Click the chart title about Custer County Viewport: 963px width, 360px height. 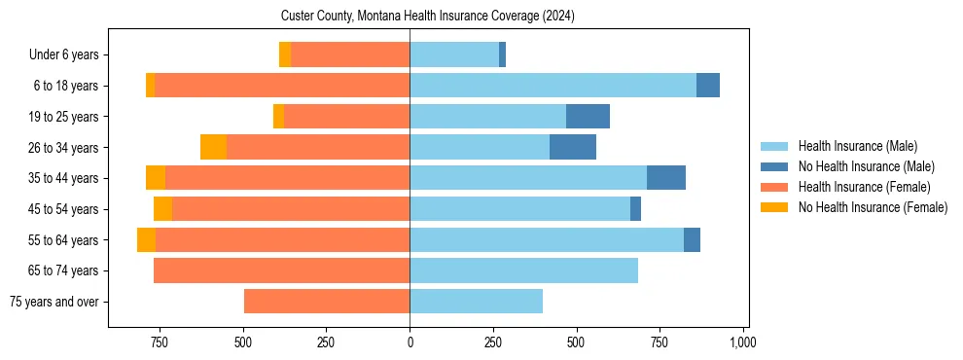point(429,17)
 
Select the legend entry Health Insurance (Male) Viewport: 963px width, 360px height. point(857,146)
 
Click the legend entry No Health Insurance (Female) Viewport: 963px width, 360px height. point(873,207)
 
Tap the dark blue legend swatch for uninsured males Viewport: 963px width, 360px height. point(775,166)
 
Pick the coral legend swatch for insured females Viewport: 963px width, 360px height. point(775,187)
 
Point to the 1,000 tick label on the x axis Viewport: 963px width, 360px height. point(743,343)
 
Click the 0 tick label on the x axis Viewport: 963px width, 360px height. point(410,343)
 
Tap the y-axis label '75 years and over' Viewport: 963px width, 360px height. point(53,302)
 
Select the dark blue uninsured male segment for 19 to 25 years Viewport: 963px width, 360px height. point(588,117)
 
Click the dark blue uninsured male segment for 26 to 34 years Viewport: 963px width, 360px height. point(573,147)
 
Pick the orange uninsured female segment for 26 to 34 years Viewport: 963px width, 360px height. point(213,147)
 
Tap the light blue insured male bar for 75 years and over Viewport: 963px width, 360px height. point(476,302)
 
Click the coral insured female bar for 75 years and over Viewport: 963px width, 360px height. point(327,302)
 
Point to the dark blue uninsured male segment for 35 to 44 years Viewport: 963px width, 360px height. point(666,178)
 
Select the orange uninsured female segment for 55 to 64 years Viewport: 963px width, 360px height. point(146,239)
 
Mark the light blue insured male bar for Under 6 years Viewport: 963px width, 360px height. point(454,54)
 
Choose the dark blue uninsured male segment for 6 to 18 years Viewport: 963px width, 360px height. point(708,86)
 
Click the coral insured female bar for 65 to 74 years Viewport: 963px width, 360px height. point(281,270)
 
